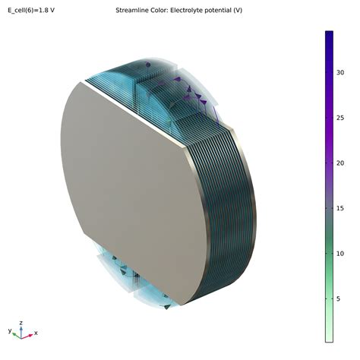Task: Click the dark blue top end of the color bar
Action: pyautogui.click(x=329, y=33)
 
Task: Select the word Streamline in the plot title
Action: pyautogui.click(x=134, y=11)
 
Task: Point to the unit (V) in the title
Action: pyautogui.click(x=237, y=11)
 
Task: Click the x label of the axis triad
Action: pyautogui.click(x=36, y=333)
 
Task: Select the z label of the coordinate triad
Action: pyautogui.click(x=21, y=322)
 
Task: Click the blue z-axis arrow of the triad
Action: pyautogui.click(x=21, y=330)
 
